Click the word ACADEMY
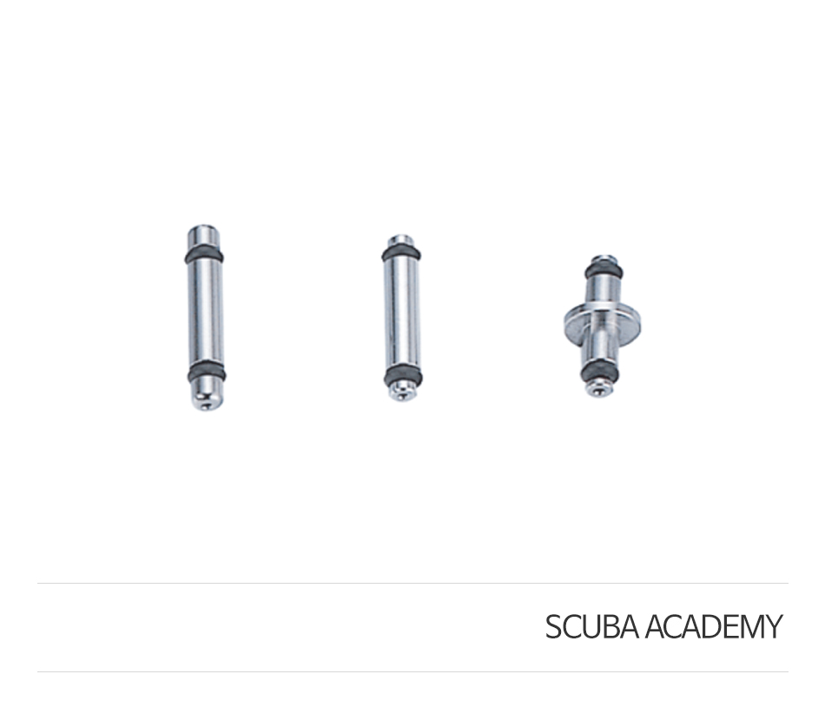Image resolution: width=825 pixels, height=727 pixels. [x=714, y=626]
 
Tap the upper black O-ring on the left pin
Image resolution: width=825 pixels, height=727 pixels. [x=203, y=254]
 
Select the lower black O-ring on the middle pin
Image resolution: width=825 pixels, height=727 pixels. [x=404, y=375]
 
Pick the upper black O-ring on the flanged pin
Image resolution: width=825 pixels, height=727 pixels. [x=604, y=271]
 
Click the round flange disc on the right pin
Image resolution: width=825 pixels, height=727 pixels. [x=602, y=319]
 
